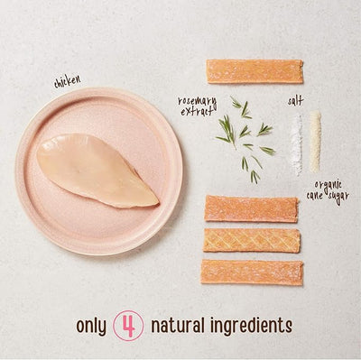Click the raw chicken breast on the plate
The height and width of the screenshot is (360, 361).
pyautogui.click(x=97, y=171)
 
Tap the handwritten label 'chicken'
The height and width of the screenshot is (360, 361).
pyautogui.click(x=68, y=81)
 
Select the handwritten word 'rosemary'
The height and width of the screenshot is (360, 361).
pyautogui.click(x=197, y=101)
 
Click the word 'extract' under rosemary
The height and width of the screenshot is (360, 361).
pyautogui.click(x=196, y=112)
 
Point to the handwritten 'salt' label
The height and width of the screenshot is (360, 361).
pyautogui.click(x=295, y=101)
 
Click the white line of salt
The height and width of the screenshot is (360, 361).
pyautogui.click(x=296, y=144)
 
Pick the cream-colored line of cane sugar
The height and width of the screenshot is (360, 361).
pyautogui.click(x=315, y=142)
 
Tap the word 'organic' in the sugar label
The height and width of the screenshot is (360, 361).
pyautogui.click(x=329, y=186)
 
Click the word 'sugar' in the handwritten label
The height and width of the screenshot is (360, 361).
pyautogui.click(x=338, y=198)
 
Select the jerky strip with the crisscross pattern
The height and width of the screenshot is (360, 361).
pyautogui.click(x=252, y=240)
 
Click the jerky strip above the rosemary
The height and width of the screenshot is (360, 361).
pyautogui.click(x=255, y=71)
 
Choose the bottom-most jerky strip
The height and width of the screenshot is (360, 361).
pyautogui.click(x=252, y=272)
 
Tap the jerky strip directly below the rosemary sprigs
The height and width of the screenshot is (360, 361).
pyautogui.click(x=252, y=208)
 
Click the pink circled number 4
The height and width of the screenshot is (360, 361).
pyautogui.click(x=128, y=326)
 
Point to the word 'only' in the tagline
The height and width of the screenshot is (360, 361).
pyautogui.click(x=91, y=326)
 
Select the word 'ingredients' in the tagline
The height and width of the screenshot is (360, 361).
pyautogui.click(x=251, y=326)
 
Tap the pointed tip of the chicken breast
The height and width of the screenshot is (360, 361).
pyautogui.click(x=158, y=203)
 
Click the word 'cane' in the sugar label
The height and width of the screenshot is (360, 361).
pyautogui.click(x=315, y=196)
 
